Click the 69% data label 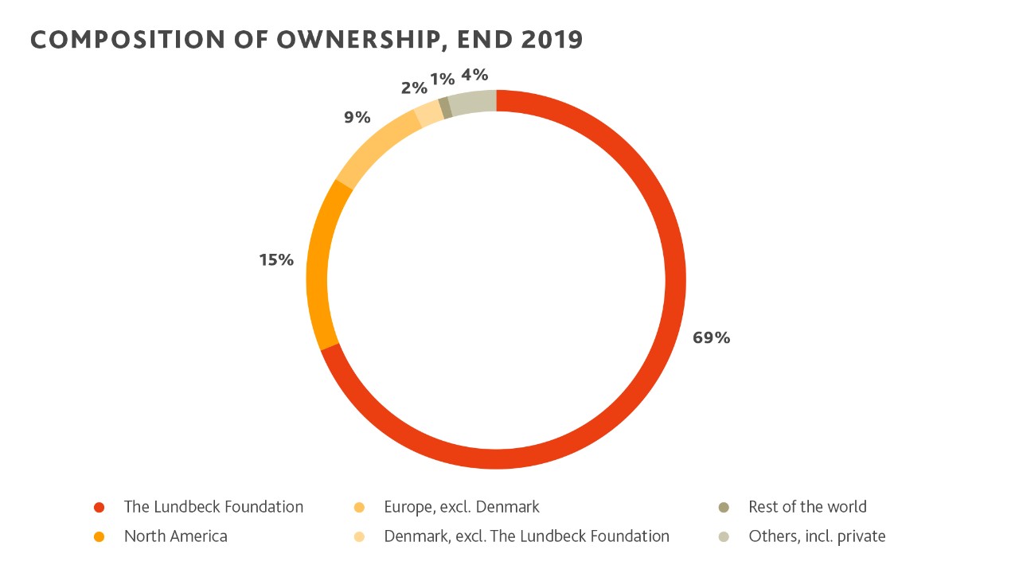[x=711, y=337]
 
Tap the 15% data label [x=276, y=259]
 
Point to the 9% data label [x=357, y=118]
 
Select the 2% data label [x=414, y=88]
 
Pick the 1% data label [x=443, y=79]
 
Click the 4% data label [x=474, y=76]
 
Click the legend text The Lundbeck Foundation [x=213, y=507]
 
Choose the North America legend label [x=175, y=536]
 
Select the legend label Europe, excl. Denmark [x=462, y=507]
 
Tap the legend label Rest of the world [x=807, y=507]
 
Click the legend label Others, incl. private [x=817, y=536]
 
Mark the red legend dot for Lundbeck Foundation [x=100, y=508]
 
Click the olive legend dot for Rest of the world [x=724, y=508]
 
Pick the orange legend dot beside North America [x=100, y=537]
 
